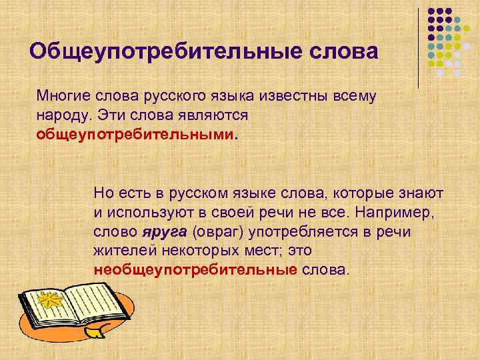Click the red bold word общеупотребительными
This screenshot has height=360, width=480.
click(x=135, y=134)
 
